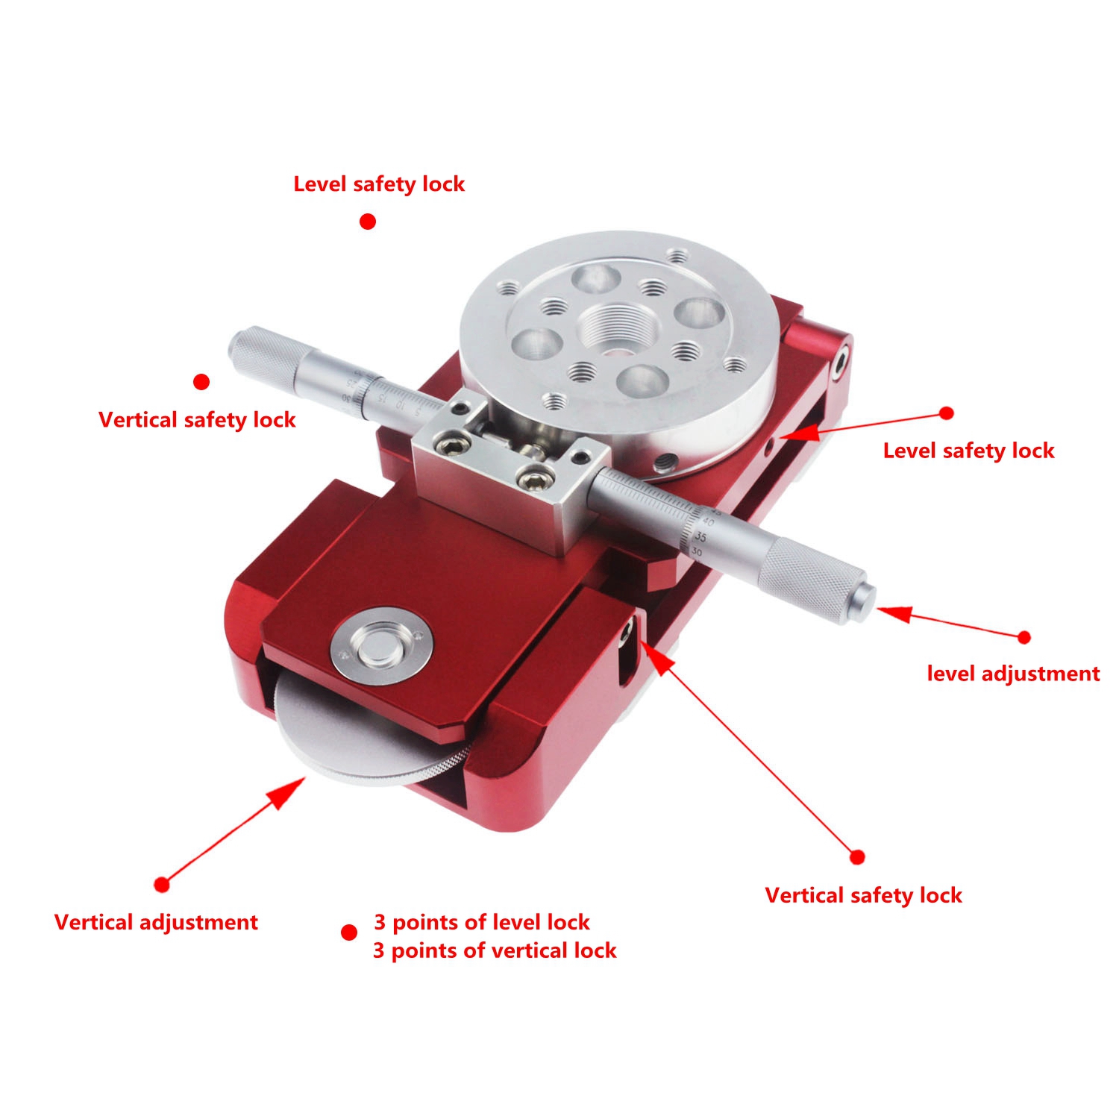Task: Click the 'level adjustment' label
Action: pyautogui.click(x=1013, y=674)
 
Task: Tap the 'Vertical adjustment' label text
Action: pyautogui.click(x=156, y=922)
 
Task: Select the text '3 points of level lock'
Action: pyautogui.click(x=482, y=922)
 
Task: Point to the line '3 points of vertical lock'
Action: pyautogui.click(x=495, y=950)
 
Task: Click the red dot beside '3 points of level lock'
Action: pyautogui.click(x=348, y=932)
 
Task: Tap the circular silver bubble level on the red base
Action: pyautogui.click(x=381, y=645)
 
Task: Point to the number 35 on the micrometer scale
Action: pyautogui.click(x=700, y=536)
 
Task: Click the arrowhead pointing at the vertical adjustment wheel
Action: pyautogui.click(x=291, y=791)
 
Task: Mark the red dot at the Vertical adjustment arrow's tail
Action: pyautogui.click(x=162, y=885)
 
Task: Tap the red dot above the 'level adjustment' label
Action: pyautogui.click(x=1024, y=637)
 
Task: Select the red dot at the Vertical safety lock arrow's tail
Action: pyautogui.click(x=857, y=857)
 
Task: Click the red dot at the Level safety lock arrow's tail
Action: pyautogui.click(x=947, y=413)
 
